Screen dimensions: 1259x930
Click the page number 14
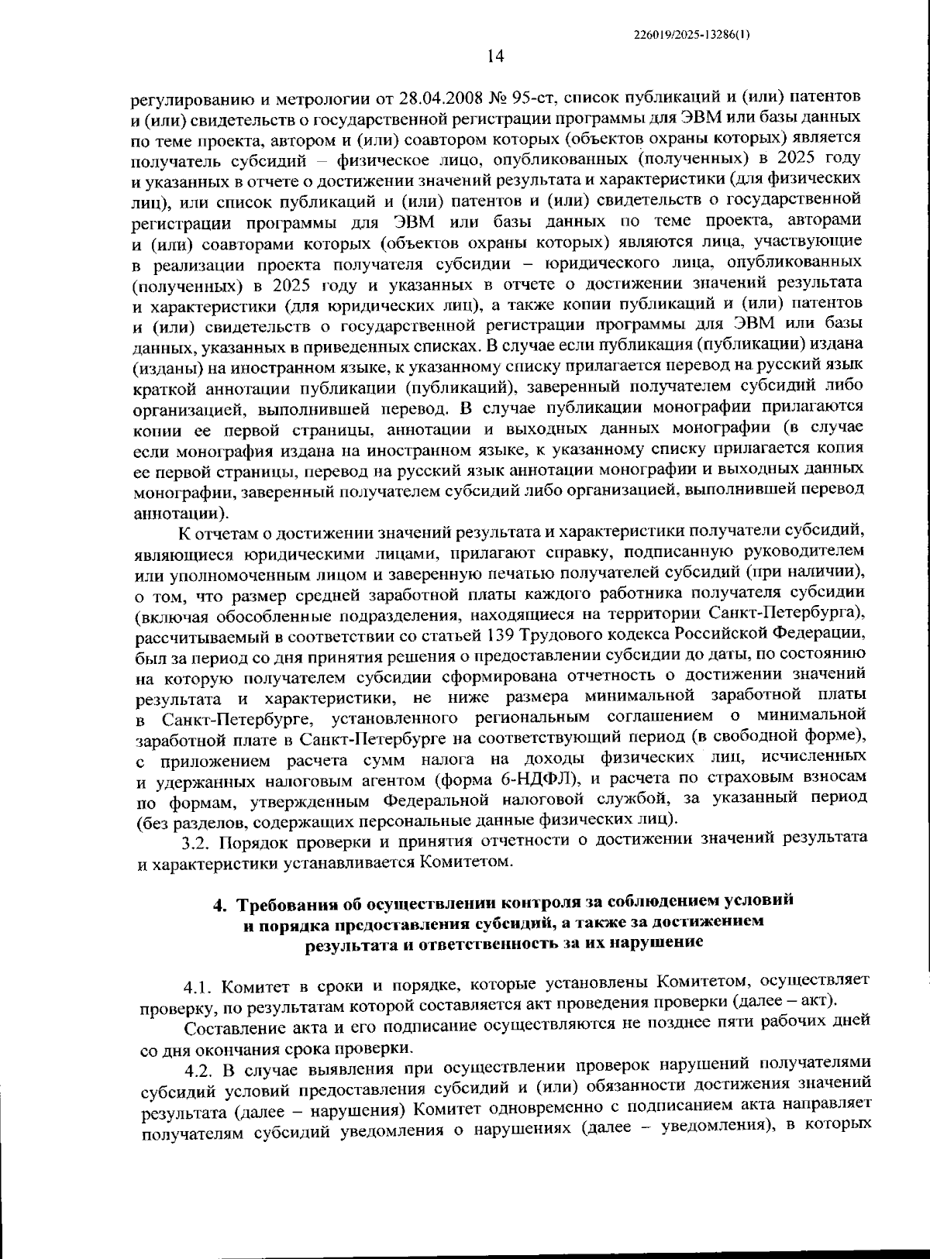[496, 56]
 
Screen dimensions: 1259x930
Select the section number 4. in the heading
[219, 903]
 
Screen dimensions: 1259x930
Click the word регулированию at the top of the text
[182, 98]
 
